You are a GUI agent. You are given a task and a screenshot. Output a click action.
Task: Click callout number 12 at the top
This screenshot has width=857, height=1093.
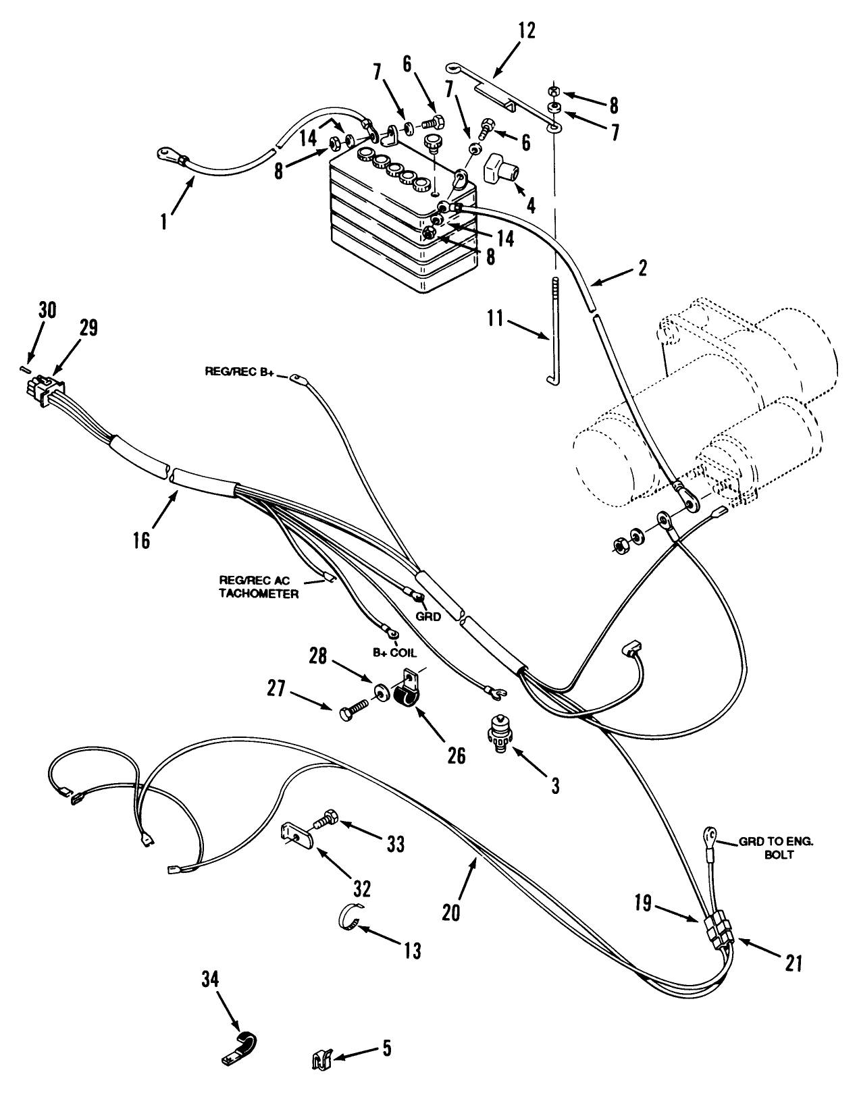(527, 30)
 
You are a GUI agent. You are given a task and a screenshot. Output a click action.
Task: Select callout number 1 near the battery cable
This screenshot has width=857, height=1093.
(164, 221)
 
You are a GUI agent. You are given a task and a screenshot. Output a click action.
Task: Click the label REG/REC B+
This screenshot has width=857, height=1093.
(246, 372)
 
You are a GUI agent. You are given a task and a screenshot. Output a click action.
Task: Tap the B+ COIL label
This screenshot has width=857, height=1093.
(395, 654)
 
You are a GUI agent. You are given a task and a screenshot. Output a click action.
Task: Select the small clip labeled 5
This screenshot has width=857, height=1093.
(321, 1059)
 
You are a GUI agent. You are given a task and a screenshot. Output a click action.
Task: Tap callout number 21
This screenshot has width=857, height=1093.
(794, 963)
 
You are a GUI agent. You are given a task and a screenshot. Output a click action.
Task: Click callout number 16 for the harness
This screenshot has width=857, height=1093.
(142, 541)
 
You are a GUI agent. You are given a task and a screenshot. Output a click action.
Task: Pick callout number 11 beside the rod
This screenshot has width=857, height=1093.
(496, 318)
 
